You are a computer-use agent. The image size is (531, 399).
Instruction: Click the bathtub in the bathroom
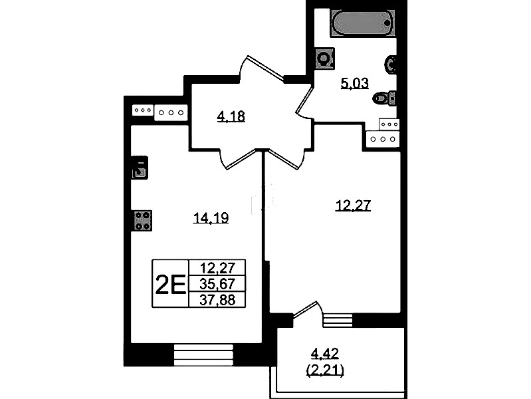click(x=363, y=22)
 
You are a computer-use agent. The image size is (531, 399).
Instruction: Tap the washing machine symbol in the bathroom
click(x=324, y=59)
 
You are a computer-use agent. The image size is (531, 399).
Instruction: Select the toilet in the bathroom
click(x=384, y=98)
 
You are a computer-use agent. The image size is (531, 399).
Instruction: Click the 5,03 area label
click(x=355, y=83)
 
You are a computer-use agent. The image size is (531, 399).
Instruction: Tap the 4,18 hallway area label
click(x=231, y=116)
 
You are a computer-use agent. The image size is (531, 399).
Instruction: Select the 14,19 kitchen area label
click(x=211, y=217)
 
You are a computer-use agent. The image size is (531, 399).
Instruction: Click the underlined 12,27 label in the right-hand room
click(x=353, y=205)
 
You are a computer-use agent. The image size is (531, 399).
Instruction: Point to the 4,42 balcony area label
click(x=325, y=354)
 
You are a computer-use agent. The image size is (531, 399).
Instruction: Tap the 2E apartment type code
click(x=170, y=284)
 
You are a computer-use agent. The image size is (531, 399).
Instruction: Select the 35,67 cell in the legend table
click(x=217, y=283)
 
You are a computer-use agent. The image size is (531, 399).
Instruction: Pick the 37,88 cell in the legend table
click(x=217, y=299)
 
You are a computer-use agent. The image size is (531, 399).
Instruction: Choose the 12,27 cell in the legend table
click(x=217, y=267)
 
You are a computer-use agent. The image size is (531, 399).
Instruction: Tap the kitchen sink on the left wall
click(x=140, y=168)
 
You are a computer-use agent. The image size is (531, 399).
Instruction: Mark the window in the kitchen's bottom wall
click(x=204, y=354)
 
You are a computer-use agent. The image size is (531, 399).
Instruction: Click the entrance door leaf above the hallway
click(x=266, y=68)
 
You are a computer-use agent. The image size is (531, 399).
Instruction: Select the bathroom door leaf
click(x=304, y=99)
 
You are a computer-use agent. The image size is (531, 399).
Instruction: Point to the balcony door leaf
click(x=305, y=309)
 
